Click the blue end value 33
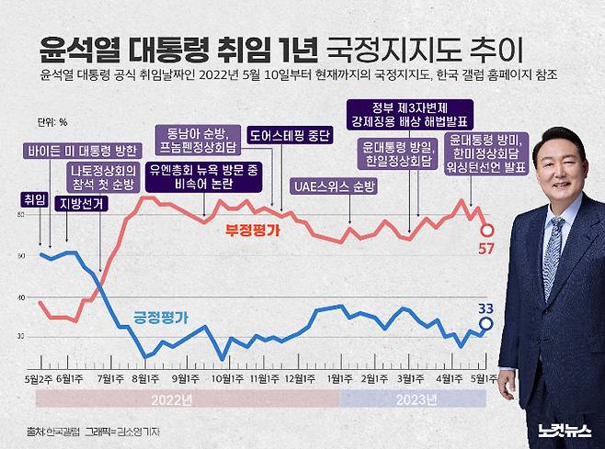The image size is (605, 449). (488, 308)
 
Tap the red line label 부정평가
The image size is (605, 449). (252, 232)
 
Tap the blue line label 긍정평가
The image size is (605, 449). (161, 318)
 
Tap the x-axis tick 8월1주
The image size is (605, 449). (143, 376)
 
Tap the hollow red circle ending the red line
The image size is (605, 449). (488, 230)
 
